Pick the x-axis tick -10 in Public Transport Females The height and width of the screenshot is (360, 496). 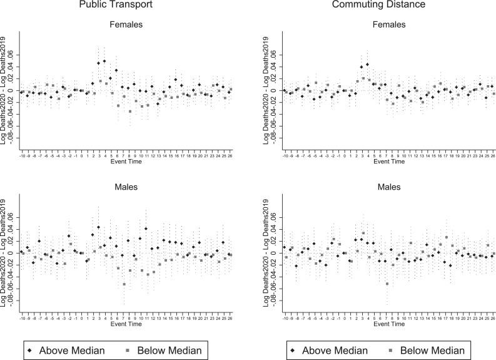point(21,158)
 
